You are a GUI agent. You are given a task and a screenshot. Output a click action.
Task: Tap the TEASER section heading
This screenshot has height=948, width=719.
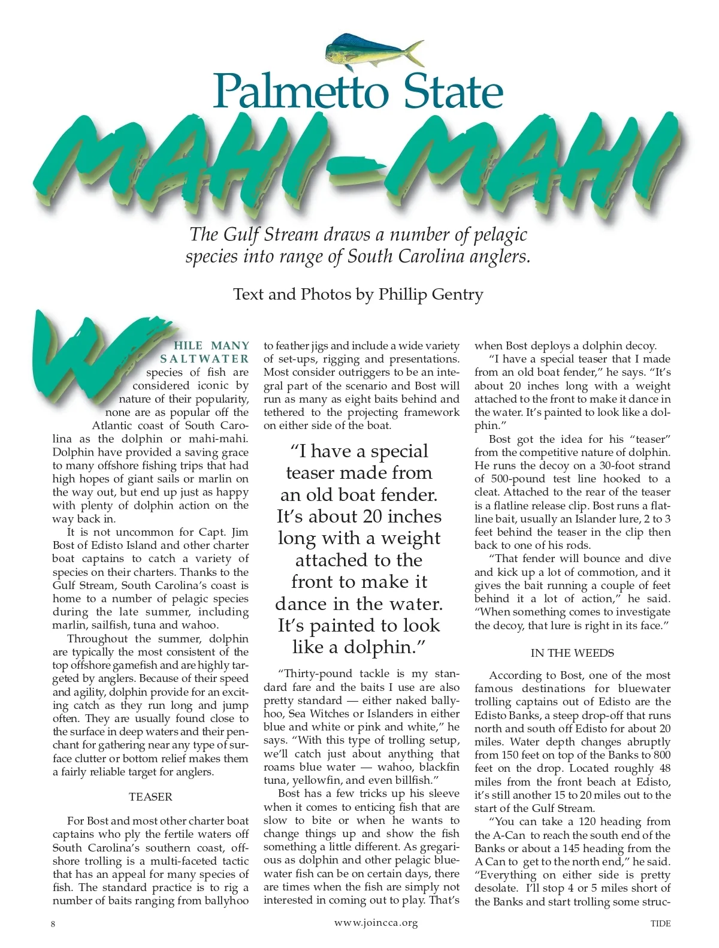(x=150, y=796)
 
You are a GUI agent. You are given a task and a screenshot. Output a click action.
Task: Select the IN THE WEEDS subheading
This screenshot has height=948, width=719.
(x=572, y=653)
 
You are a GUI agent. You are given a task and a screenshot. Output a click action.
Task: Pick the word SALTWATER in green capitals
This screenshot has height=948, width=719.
(x=204, y=359)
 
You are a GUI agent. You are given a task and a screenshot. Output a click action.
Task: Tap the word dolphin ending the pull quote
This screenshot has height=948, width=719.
(x=388, y=647)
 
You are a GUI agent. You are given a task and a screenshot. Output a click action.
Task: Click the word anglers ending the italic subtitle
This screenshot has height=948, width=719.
(x=502, y=257)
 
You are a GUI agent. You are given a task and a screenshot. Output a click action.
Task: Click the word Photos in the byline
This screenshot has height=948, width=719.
(x=327, y=294)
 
